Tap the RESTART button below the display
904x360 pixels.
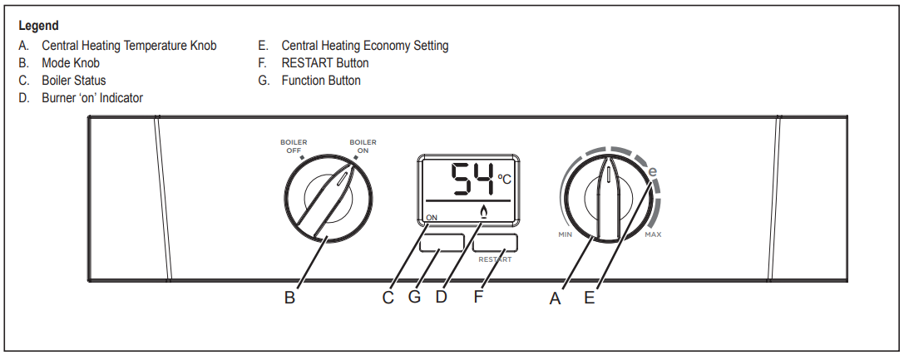(496, 243)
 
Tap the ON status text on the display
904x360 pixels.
(432, 218)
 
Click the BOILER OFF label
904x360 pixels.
(294, 146)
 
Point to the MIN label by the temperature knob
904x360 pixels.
(566, 235)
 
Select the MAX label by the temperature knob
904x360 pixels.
(654, 235)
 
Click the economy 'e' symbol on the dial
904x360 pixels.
(652, 172)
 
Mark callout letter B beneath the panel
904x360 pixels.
(289, 298)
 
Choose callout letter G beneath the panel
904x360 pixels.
(414, 297)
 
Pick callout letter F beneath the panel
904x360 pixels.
(478, 297)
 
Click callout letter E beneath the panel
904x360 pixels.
(590, 298)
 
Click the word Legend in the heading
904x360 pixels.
(38, 27)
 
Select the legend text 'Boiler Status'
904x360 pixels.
(74, 81)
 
